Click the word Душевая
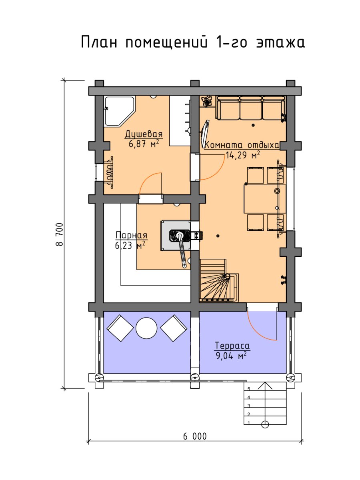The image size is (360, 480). coord(144,134)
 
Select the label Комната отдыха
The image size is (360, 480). coord(242,145)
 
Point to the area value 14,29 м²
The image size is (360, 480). coord(243,155)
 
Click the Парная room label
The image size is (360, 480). coord(131,235)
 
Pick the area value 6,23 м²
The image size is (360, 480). coord(130,245)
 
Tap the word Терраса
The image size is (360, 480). coord(232,346)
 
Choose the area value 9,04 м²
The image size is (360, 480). coord(231,356)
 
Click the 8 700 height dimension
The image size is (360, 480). coord(60,234)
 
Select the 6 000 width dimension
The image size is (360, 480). coord(195,436)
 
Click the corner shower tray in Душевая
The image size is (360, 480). coord(119,111)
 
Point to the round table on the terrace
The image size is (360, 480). coord(146,328)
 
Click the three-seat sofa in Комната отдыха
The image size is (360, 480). coord(251,108)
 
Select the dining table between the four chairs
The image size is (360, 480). coord(265,199)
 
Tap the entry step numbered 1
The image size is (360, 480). coord(265,423)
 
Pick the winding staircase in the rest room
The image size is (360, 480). coord(218,281)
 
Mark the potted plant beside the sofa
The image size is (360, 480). coord(206,102)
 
